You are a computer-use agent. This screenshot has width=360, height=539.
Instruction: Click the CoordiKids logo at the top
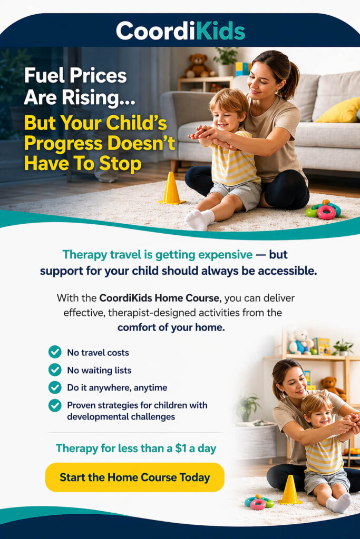pos(180,31)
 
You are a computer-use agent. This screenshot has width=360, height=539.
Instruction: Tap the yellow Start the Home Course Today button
pos(134,477)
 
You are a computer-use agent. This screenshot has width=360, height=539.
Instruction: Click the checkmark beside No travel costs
pos(55,352)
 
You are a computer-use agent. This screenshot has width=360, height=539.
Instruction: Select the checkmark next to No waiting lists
pos(55,370)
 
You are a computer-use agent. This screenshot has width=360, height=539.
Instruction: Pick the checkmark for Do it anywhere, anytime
pos(55,387)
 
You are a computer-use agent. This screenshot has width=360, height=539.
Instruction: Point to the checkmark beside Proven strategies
pos(55,405)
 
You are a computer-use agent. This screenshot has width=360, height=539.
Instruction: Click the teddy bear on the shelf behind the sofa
pos(198,65)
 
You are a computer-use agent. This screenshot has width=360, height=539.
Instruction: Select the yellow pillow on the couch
pos(338,111)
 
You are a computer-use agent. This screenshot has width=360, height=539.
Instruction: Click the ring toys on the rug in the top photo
pos(324,209)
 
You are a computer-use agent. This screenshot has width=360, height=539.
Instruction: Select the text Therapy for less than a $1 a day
pos(136,448)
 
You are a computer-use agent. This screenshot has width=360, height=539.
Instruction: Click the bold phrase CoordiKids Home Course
pos(159,298)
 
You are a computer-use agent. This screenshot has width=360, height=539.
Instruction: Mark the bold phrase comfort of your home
pos(171,327)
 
